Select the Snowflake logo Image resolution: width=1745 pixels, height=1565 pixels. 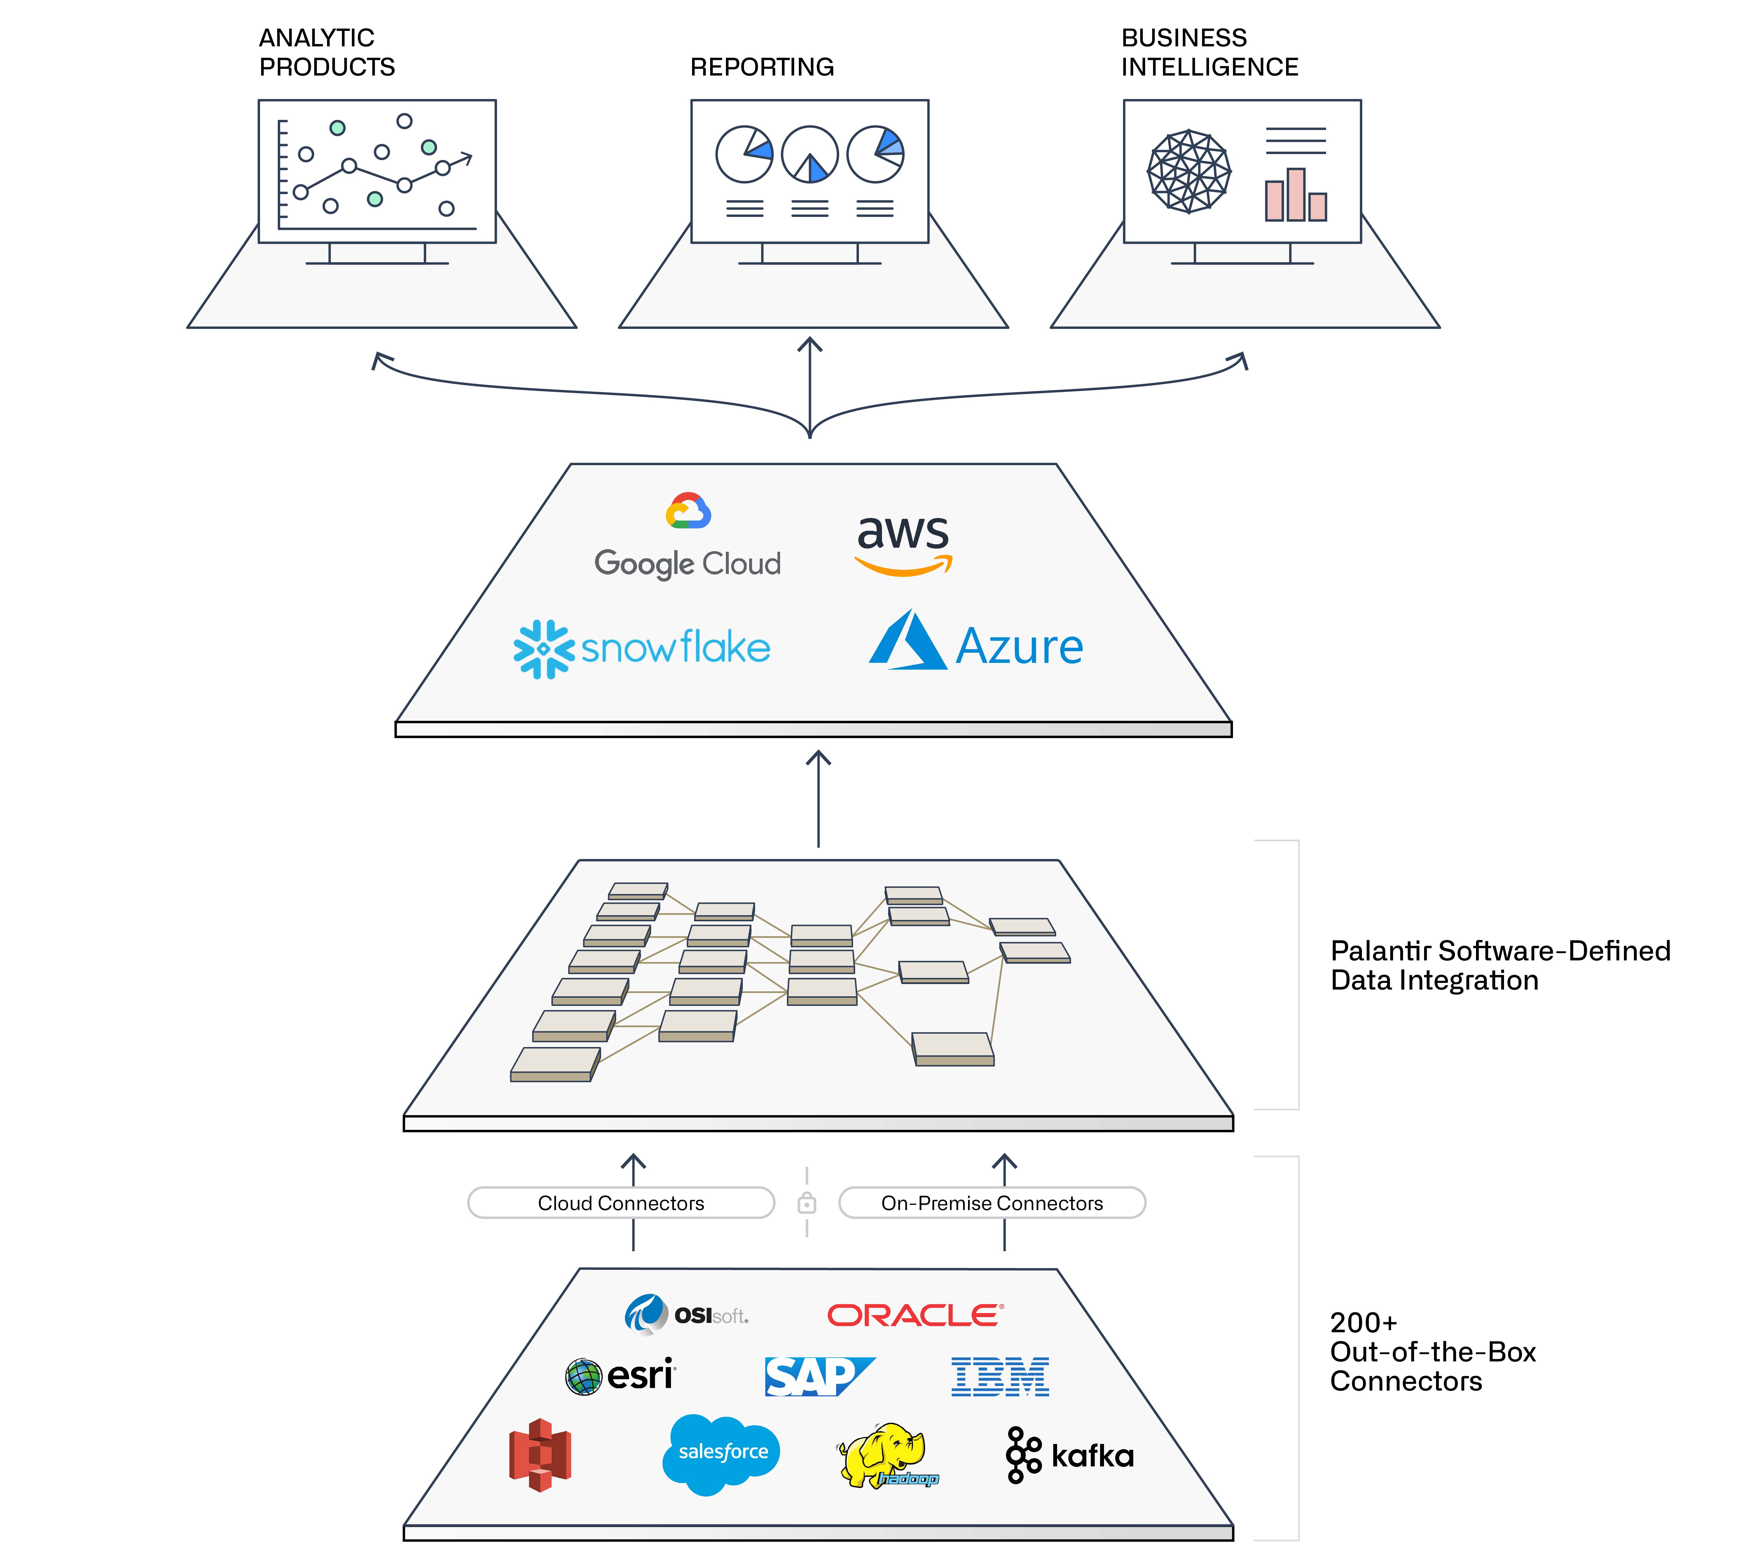click(x=642, y=648)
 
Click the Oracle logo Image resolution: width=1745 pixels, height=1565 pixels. click(x=914, y=1315)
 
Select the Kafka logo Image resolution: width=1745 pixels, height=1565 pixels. click(x=1069, y=1455)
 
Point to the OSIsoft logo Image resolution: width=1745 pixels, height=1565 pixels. click(x=686, y=1315)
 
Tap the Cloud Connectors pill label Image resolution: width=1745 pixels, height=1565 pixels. click(x=621, y=1203)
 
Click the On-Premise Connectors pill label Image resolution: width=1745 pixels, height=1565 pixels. click(x=992, y=1203)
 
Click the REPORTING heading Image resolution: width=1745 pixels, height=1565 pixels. click(x=762, y=67)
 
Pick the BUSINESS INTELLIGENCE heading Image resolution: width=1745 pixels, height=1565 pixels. click(x=1209, y=52)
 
